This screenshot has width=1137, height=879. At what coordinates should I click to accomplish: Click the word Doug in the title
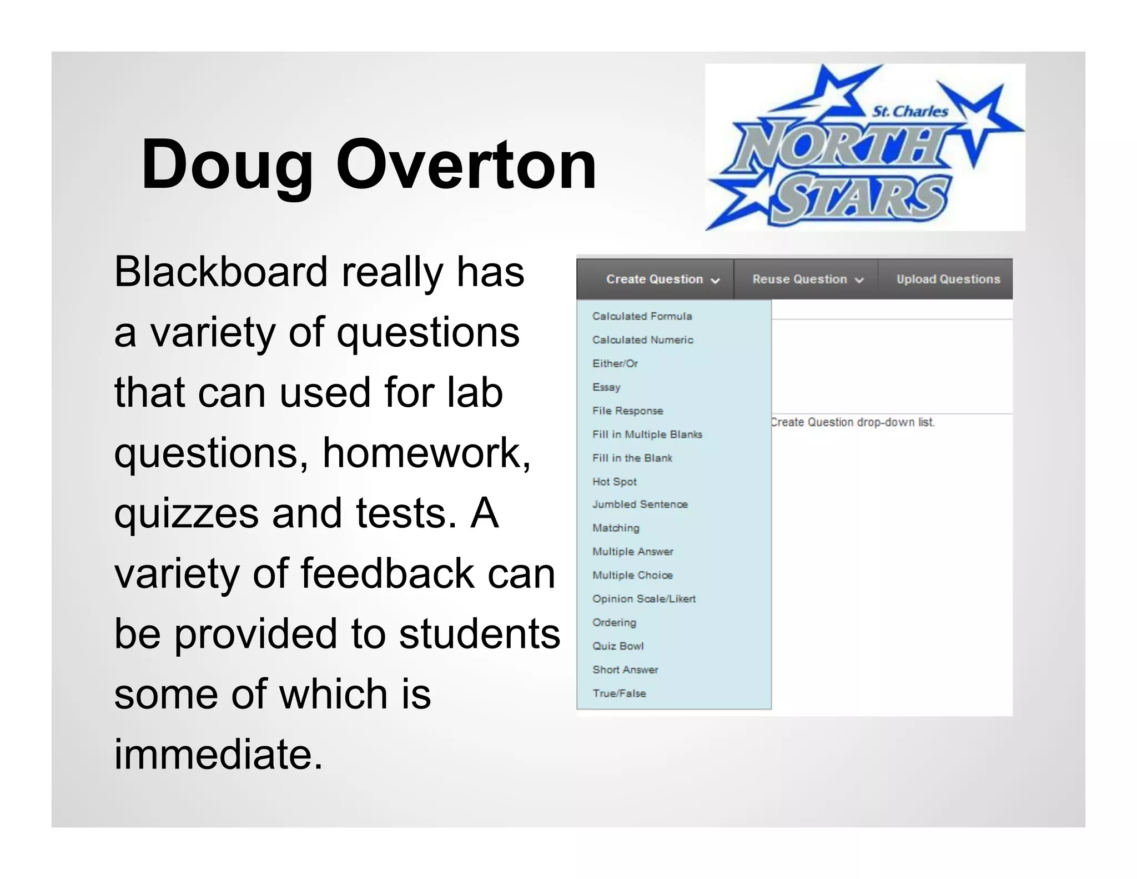[227, 166]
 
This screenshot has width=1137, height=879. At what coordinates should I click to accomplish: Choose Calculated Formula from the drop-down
[642, 316]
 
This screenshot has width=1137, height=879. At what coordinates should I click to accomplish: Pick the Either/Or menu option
[615, 363]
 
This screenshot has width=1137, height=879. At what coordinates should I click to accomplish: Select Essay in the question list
[606, 387]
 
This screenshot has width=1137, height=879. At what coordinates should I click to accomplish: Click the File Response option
[627, 411]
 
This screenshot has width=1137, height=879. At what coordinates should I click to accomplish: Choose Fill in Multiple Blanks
[647, 434]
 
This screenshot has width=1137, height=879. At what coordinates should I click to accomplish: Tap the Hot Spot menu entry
[614, 482]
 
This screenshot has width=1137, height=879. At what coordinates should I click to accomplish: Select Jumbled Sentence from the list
[640, 505]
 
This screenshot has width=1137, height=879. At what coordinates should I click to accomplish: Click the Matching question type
[616, 528]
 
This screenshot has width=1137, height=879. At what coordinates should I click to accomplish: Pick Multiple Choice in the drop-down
[632, 575]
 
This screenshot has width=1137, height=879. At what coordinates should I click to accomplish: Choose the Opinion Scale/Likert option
[643, 599]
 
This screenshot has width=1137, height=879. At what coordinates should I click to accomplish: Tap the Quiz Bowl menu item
[617, 646]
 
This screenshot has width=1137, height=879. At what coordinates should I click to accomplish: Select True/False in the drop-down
[619, 693]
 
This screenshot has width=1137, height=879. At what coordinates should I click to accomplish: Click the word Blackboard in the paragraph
[220, 272]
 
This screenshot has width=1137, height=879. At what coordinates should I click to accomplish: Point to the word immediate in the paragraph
[218, 755]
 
